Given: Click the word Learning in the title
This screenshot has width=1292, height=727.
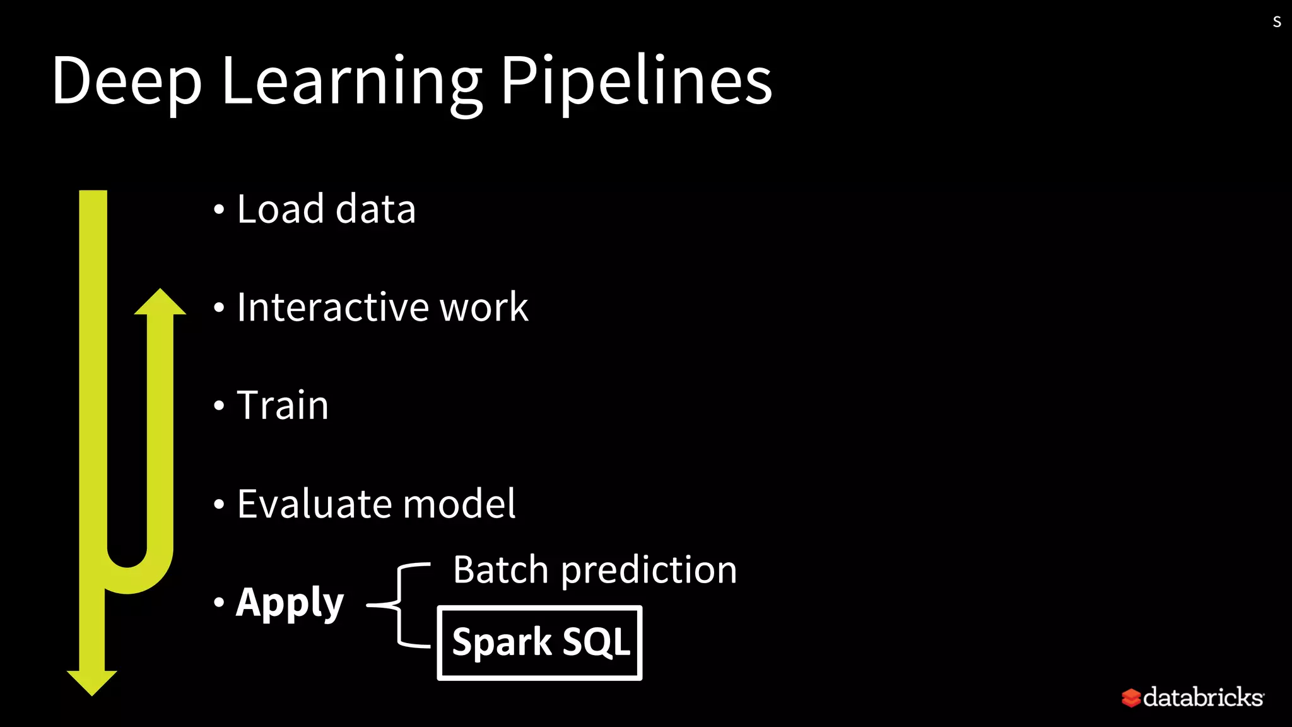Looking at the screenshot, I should [351, 82].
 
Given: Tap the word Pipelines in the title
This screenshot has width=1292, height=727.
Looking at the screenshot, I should [636, 82].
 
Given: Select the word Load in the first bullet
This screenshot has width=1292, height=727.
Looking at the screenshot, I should [280, 209].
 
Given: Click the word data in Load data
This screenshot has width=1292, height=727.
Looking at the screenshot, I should [375, 209].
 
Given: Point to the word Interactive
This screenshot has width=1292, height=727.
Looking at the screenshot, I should [332, 307].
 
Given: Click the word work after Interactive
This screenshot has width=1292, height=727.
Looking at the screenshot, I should [484, 307].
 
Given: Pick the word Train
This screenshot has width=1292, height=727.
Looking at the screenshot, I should [283, 405].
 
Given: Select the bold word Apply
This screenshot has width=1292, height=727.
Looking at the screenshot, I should [290, 603].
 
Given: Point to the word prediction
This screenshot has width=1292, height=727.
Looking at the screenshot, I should [649, 570].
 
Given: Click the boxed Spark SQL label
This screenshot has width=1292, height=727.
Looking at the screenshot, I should [540, 642].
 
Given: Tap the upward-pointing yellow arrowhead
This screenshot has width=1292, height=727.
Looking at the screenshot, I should [160, 302].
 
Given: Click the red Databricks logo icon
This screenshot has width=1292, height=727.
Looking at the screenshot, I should [1131, 698].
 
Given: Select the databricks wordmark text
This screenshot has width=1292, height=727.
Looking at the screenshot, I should [1203, 697].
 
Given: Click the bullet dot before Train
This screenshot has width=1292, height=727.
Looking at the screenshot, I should [219, 405].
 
